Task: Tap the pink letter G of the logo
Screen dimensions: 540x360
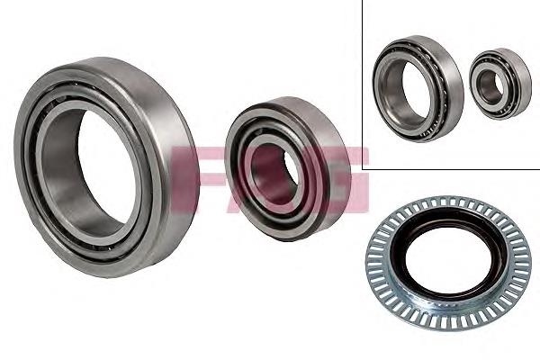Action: pos(345,179)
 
